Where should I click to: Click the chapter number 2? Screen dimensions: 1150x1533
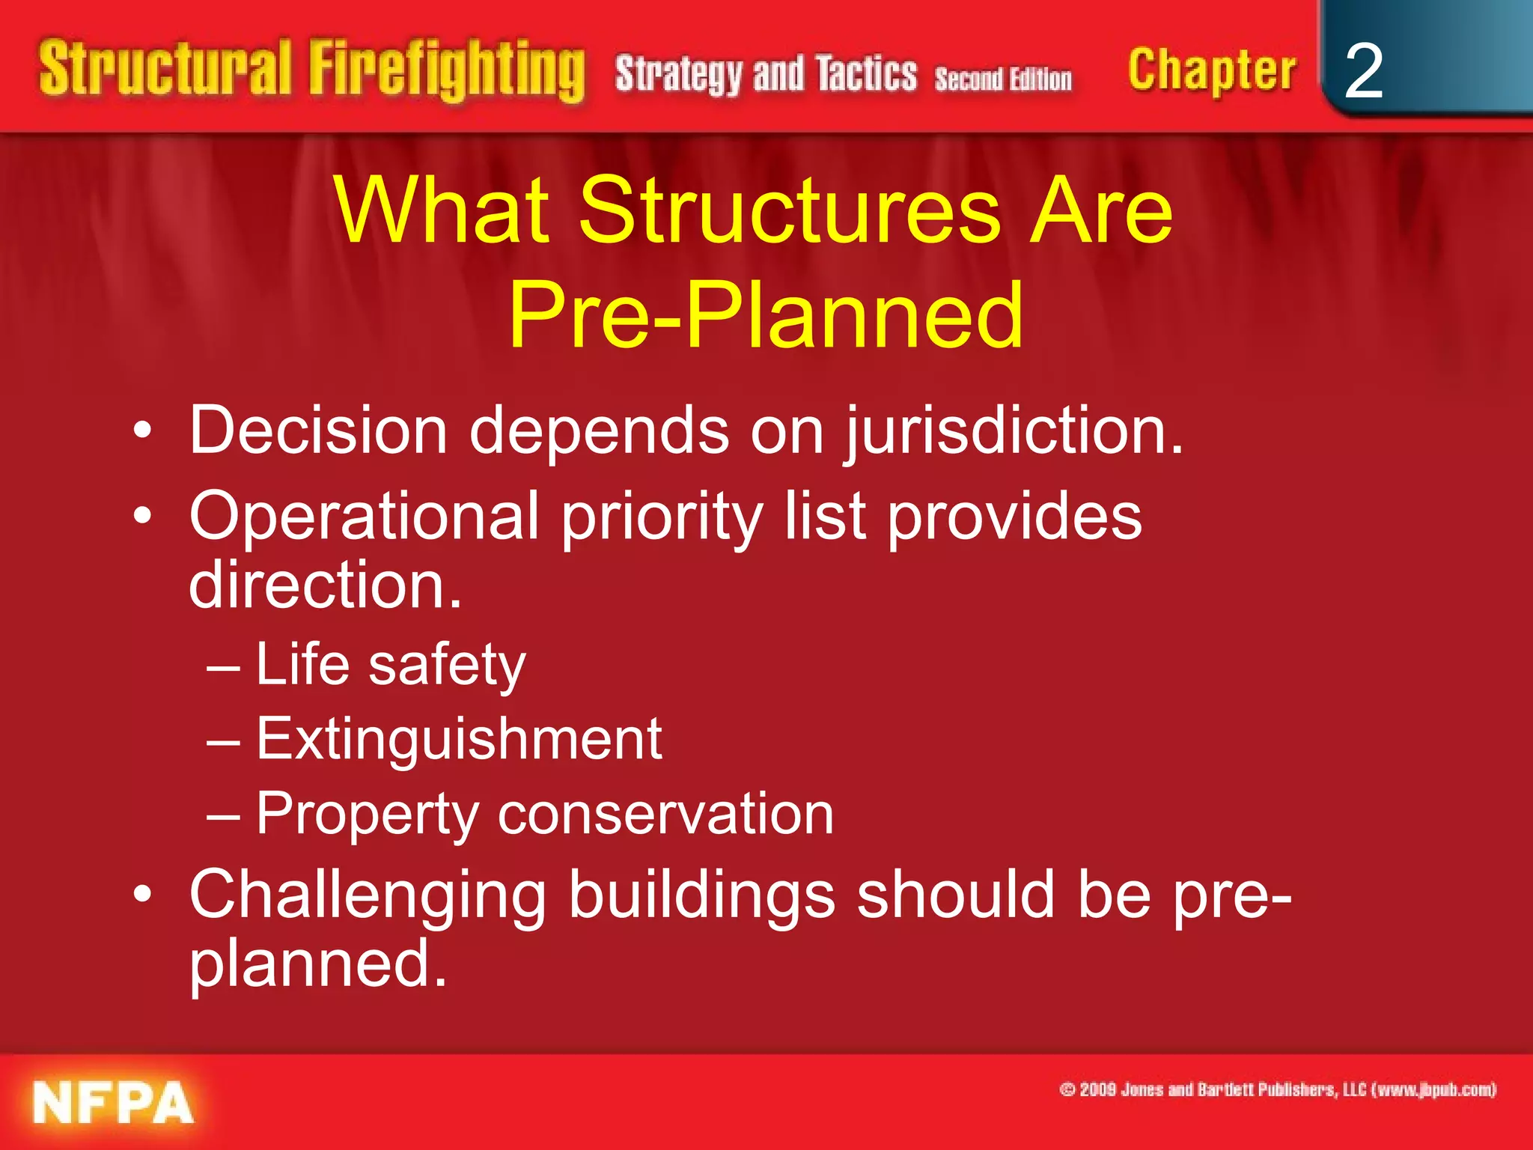(x=1363, y=70)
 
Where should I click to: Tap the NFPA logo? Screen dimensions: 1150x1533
(x=113, y=1103)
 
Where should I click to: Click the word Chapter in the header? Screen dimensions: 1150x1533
(x=1212, y=70)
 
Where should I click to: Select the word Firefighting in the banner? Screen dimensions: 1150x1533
(x=447, y=70)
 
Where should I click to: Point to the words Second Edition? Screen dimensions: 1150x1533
(x=1003, y=79)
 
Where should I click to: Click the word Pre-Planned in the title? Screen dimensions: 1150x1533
(x=765, y=314)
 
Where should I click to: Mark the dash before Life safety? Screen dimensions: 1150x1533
(x=223, y=666)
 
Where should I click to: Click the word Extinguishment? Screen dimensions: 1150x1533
(x=459, y=739)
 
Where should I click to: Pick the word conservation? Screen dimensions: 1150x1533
(x=665, y=814)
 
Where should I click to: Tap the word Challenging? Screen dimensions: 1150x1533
(x=368, y=895)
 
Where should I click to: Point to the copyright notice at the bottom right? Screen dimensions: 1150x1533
(x=1277, y=1089)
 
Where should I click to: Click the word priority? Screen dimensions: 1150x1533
(x=662, y=518)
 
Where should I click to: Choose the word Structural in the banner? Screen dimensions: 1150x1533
(x=165, y=69)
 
